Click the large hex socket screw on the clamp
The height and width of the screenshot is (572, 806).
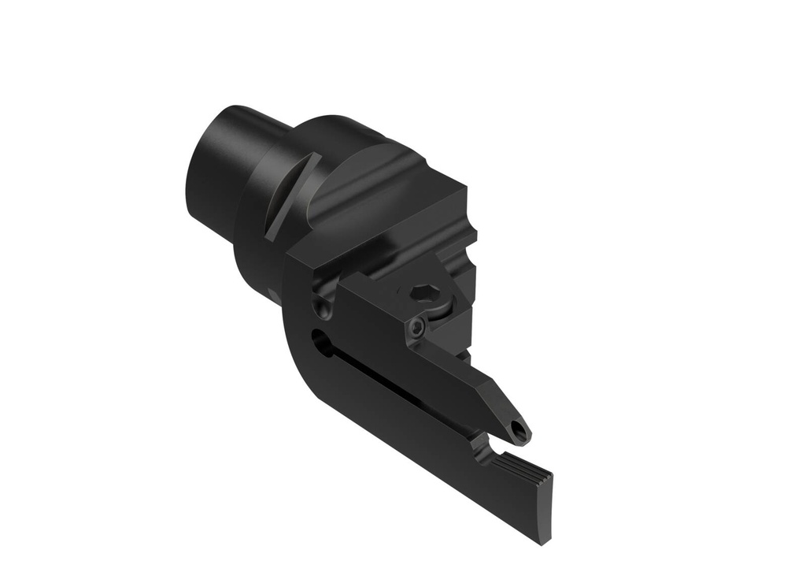point(422,293)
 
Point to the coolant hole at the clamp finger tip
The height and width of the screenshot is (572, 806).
point(517,429)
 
